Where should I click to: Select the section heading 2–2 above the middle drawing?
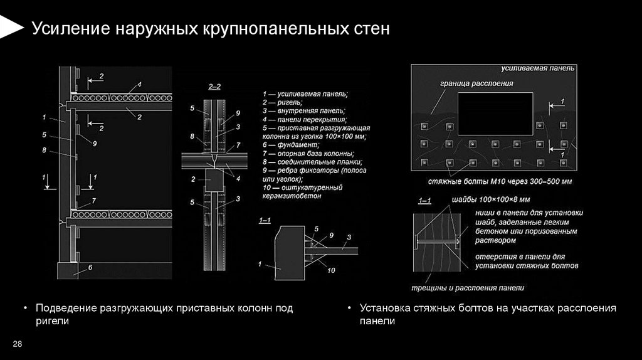214,87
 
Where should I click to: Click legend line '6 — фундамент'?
285,144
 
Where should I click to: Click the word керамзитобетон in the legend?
292,196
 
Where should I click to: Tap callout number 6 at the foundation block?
90,268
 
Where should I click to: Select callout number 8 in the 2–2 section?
192,135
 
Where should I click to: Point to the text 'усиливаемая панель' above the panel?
538,68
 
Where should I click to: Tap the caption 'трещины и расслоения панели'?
468,287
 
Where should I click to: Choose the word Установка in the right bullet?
384,309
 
